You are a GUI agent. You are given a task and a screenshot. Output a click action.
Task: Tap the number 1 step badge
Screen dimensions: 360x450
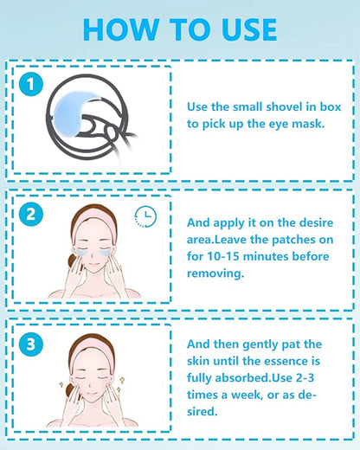31,84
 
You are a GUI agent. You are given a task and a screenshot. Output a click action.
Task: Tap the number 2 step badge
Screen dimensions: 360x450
31,214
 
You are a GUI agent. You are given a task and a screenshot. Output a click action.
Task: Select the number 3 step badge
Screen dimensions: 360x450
31,344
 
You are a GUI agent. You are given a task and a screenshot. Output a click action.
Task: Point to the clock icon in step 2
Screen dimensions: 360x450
145,216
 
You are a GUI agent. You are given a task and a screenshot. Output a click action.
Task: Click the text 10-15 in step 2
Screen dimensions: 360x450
223,256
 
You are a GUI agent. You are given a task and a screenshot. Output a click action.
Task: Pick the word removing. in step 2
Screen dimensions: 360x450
215,273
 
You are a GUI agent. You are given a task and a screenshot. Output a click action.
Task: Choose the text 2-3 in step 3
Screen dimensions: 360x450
305,378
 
